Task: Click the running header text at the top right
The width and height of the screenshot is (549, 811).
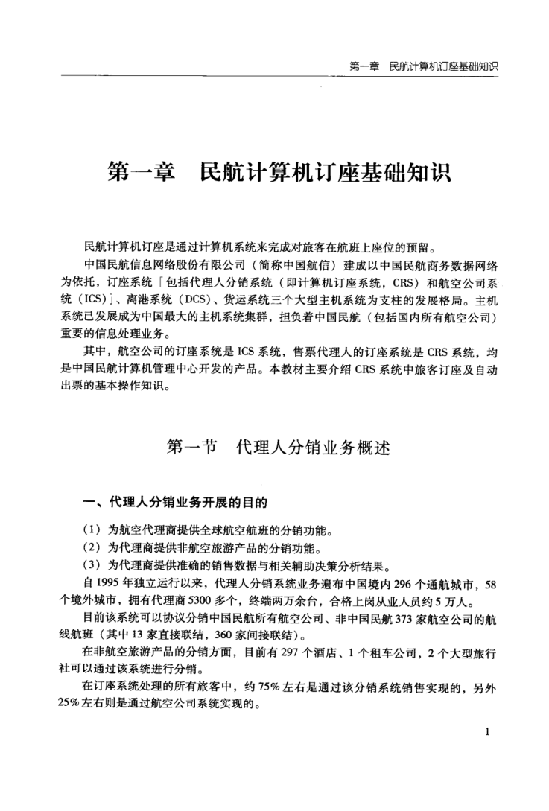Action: (x=423, y=67)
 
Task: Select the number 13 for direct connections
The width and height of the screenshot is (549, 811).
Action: (x=162, y=634)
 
